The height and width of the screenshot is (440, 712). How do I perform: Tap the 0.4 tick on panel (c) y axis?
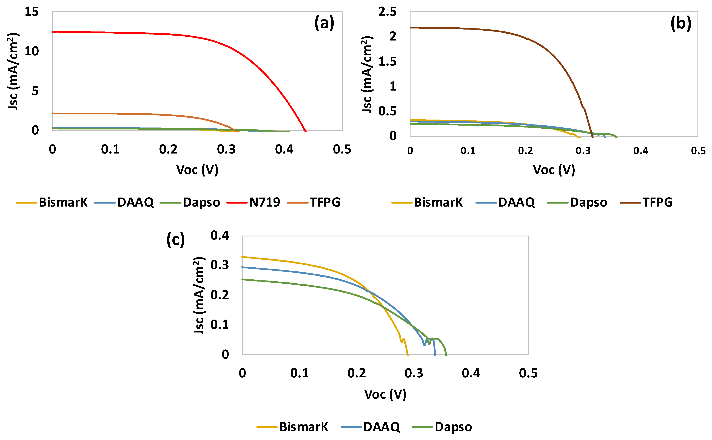tap(220, 235)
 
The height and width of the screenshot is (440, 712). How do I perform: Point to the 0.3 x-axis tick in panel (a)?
tap(226, 149)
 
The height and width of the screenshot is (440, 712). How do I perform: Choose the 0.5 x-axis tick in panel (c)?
tap(528, 373)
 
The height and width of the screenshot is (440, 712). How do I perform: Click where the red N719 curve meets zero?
tap(305, 131)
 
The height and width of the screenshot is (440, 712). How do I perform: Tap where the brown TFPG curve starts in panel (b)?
tap(411, 28)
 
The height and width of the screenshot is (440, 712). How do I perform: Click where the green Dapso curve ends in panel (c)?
tap(446, 354)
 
